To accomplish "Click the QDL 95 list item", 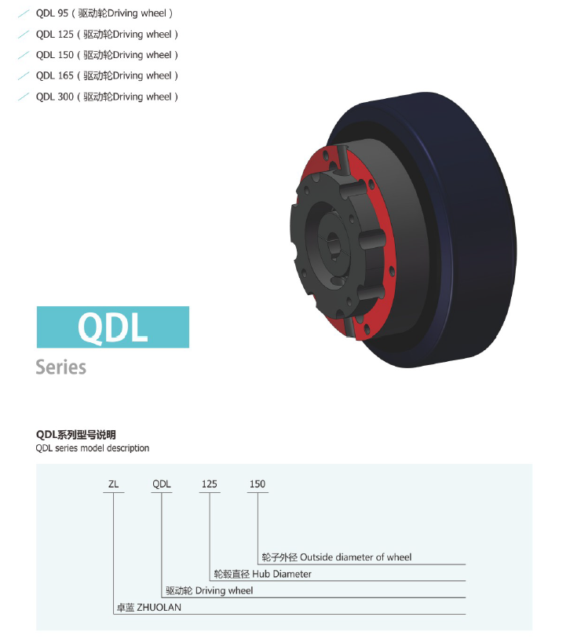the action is (x=104, y=13).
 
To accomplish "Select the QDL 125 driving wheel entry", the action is (x=107, y=35).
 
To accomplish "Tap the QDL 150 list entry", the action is (x=107, y=55).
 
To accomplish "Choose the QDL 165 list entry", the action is (x=107, y=76).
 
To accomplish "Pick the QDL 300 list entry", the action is (x=107, y=97).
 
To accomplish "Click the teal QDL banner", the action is (x=113, y=327).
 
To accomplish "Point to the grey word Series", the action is (x=60, y=367).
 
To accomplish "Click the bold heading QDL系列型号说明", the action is (x=76, y=435).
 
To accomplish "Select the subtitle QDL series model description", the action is (x=93, y=448).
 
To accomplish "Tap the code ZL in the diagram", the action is (x=113, y=484).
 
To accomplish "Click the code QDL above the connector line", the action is (x=162, y=484).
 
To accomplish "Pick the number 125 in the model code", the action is (x=209, y=484).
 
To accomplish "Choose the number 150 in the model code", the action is (x=258, y=484).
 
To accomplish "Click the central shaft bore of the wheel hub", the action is (x=334, y=243).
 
